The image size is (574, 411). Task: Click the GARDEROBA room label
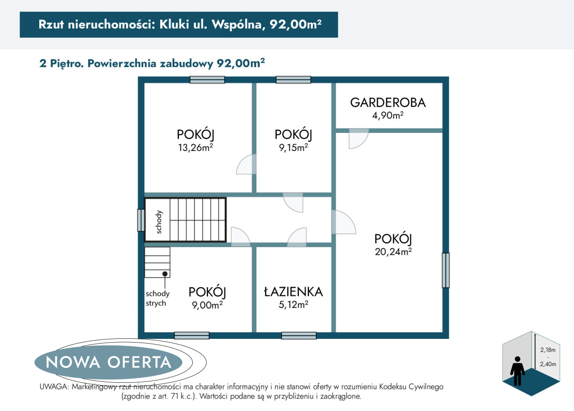click(388, 103)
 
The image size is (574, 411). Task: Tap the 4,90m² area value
click(388, 116)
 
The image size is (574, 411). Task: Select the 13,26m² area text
click(196, 148)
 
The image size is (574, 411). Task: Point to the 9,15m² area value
click(293, 148)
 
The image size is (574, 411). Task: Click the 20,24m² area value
click(393, 252)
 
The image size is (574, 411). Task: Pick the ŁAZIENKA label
click(293, 292)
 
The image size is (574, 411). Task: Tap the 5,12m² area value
click(293, 305)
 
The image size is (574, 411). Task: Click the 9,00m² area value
click(207, 305)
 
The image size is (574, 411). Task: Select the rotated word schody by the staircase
click(159, 222)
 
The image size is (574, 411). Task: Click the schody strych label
click(157, 298)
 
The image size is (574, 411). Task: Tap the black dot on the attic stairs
click(165, 274)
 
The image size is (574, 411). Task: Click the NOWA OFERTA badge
click(109, 362)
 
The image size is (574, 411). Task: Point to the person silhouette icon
click(518, 371)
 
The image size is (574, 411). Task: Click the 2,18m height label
click(548, 350)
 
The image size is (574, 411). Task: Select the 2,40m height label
click(548, 364)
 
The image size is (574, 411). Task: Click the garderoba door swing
click(358, 139)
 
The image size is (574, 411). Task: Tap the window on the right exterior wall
click(446, 270)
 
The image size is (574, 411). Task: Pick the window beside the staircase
click(141, 220)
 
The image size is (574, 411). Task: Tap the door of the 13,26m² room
click(246, 164)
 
